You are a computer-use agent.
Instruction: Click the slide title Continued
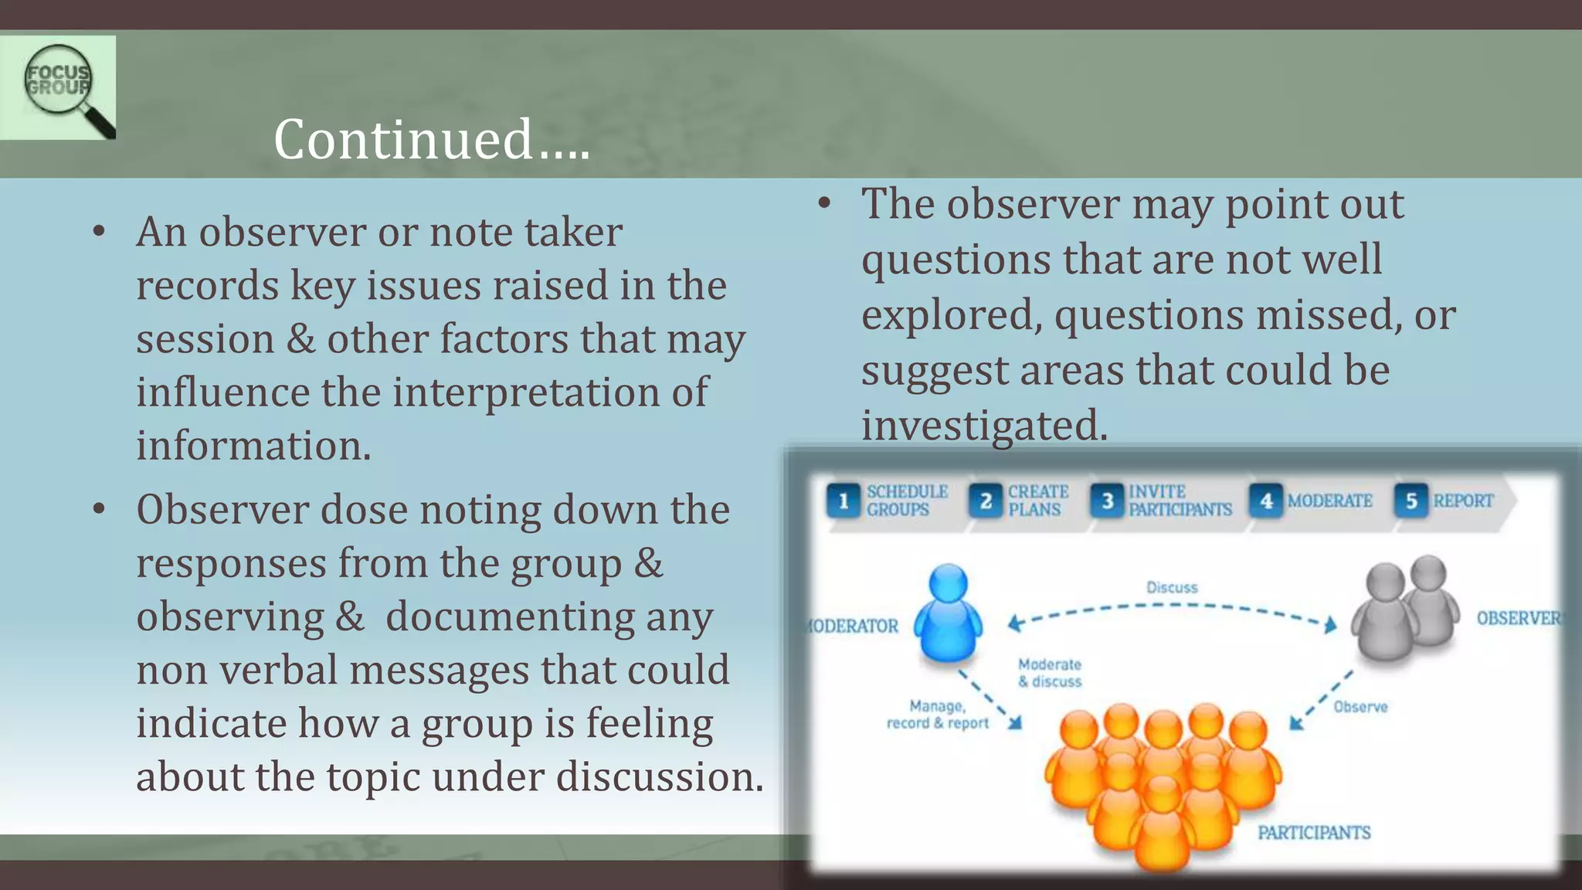pos(431,140)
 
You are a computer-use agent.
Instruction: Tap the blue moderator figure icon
pos(949,613)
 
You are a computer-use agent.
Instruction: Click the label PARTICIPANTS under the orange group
pos(1314,832)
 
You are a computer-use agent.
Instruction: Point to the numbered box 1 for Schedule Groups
pos(844,501)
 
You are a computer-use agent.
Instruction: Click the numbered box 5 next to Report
pos(1411,501)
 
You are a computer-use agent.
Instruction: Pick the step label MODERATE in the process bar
pos(1329,501)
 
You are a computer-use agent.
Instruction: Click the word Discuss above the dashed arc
pos(1172,587)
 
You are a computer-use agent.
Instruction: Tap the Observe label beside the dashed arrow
pos(1360,706)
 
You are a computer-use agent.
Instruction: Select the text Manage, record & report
pos(937,715)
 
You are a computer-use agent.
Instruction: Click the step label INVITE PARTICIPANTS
pos(1180,501)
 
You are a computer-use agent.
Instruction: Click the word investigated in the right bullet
pos(983,426)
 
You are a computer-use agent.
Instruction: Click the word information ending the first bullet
pos(253,447)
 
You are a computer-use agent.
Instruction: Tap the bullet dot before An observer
pos(98,232)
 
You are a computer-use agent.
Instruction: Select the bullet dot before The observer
pos(824,204)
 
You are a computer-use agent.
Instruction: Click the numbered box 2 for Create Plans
pos(986,501)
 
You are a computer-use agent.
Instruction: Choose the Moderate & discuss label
pos(1050,673)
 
